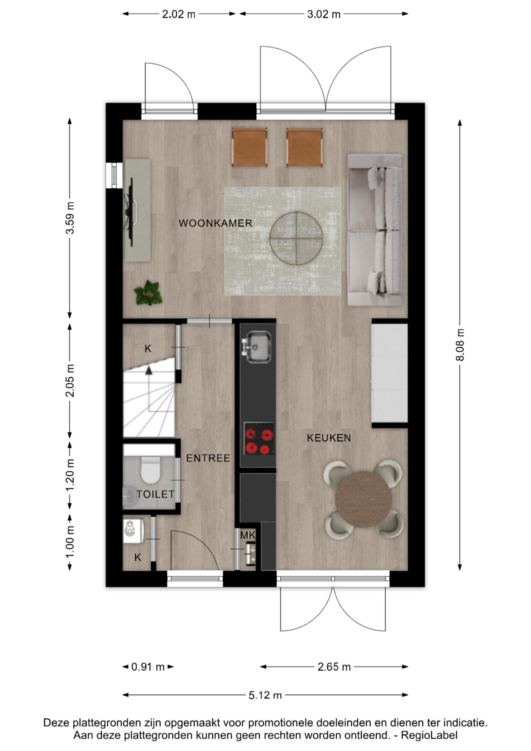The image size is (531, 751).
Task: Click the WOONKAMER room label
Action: [x=215, y=224]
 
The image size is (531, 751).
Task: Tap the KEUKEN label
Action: [x=329, y=438]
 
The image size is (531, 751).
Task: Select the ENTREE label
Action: [x=208, y=458]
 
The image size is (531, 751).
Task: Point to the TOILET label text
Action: [x=155, y=494]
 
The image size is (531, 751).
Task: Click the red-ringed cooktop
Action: [x=259, y=439]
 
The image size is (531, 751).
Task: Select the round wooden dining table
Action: [x=364, y=499]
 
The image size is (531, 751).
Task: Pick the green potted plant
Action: [x=148, y=293]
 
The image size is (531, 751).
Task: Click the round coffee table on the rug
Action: [x=296, y=238]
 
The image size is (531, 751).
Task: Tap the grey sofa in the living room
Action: [x=375, y=230]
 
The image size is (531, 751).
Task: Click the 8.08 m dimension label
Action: [x=460, y=345]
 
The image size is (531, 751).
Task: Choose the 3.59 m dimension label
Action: [x=70, y=218]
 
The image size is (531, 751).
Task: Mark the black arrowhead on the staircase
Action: [x=149, y=370]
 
